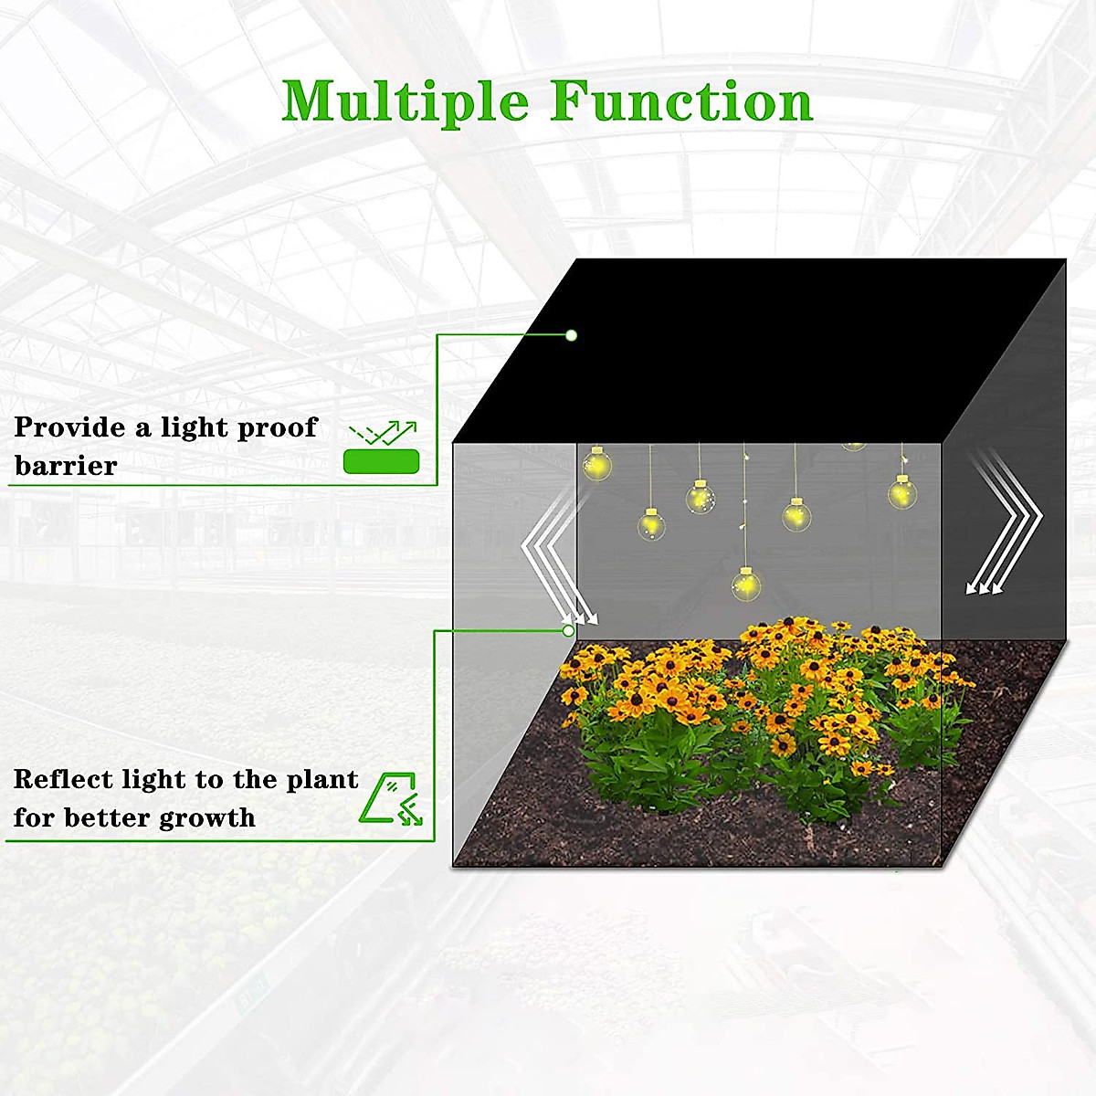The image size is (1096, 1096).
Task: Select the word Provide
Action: [69, 427]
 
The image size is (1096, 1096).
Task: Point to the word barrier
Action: [66, 466]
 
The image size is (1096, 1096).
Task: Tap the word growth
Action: [207, 817]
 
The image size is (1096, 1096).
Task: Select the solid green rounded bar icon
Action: [381, 461]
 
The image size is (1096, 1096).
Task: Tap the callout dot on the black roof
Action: [571, 335]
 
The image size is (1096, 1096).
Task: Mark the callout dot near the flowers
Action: [568, 630]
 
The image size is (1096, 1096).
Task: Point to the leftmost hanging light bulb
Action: [597, 465]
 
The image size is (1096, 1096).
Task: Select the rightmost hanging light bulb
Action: [901, 493]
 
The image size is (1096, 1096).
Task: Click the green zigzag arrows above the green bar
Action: [384, 432]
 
